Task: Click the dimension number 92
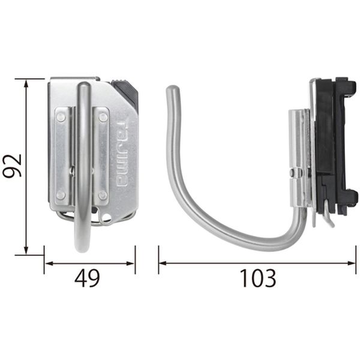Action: point(12,166)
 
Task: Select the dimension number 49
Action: point(87,278)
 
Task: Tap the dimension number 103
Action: point(257,278)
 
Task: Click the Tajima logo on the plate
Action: point(122,154)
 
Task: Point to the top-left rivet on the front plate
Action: point(61,118)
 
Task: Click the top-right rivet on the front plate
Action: point(103,118)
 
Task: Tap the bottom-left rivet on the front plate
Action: point(61,195)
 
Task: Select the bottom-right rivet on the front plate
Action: point(103,196)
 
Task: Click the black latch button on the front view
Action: point(125,91)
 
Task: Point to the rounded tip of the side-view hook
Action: point(173,90)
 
